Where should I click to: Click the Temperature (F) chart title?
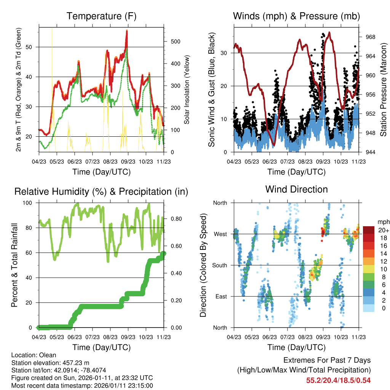pyautogui.click(x=101, y=16)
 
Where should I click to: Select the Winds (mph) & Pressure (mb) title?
pyautogui.click(x=296, y=16)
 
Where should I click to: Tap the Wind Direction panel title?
pyautogui.click(x=296, y=189)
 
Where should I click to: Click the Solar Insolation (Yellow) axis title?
pyautogui.click(x=187, y=90)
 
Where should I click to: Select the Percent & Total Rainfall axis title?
pyautogui.click(x=14, y=265)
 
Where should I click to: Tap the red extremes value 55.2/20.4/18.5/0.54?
pyautogui.click(x=338, y=380)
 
